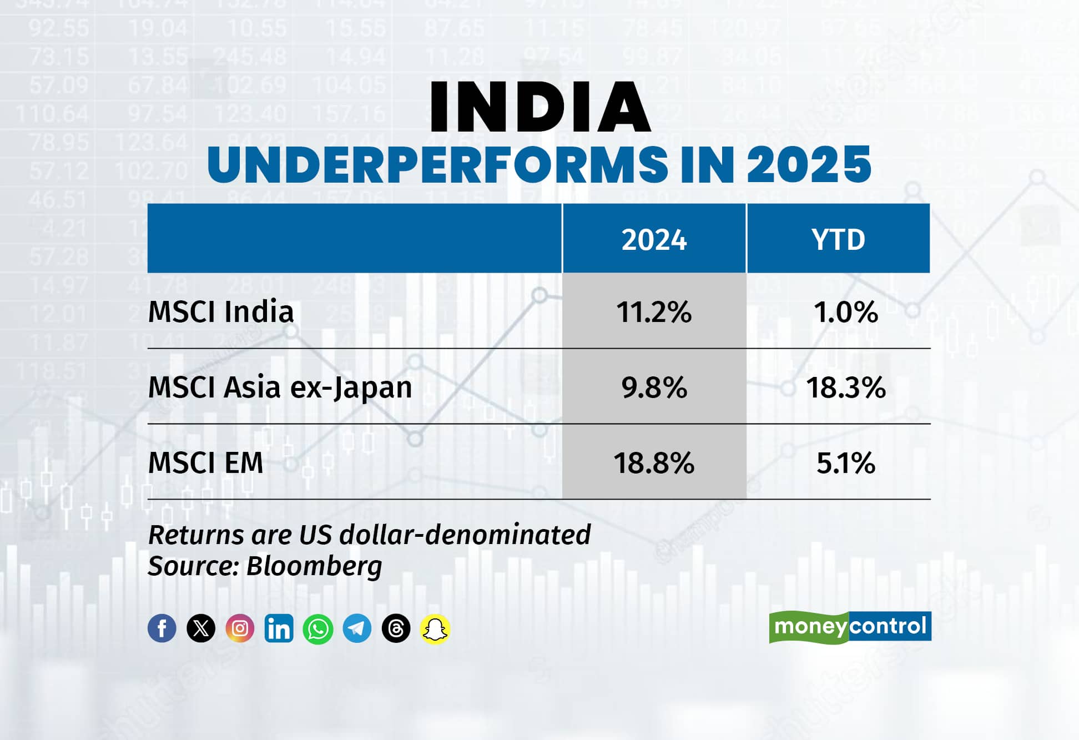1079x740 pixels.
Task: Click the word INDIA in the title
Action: (539, 107)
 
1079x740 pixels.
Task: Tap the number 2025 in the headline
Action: (809, 164)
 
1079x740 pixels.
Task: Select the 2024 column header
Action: (654, 239)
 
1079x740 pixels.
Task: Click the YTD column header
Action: (838, 239)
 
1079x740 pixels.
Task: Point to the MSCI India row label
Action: (221, 311)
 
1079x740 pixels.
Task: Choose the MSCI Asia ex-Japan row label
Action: (280, 387)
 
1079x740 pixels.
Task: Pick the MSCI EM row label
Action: (205, 462)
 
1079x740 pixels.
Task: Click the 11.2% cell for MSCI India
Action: (654, 312)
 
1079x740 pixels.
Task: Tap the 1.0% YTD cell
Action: (845, 312)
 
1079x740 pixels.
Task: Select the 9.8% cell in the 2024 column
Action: (654, 387)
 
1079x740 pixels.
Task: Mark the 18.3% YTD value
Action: (845, 387)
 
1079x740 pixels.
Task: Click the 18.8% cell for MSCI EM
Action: (654, 463)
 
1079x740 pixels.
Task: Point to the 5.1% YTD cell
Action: (845, 463)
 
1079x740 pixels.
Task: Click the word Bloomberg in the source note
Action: (314, 566)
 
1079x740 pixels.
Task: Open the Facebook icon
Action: (162, 628)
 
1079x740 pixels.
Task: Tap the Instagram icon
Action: (240, 628)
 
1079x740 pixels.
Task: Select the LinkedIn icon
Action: (279, 628)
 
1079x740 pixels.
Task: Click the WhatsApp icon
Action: (318, 628)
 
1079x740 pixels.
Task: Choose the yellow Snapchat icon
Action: (435, 628)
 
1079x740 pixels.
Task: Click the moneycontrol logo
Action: (850, 627)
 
